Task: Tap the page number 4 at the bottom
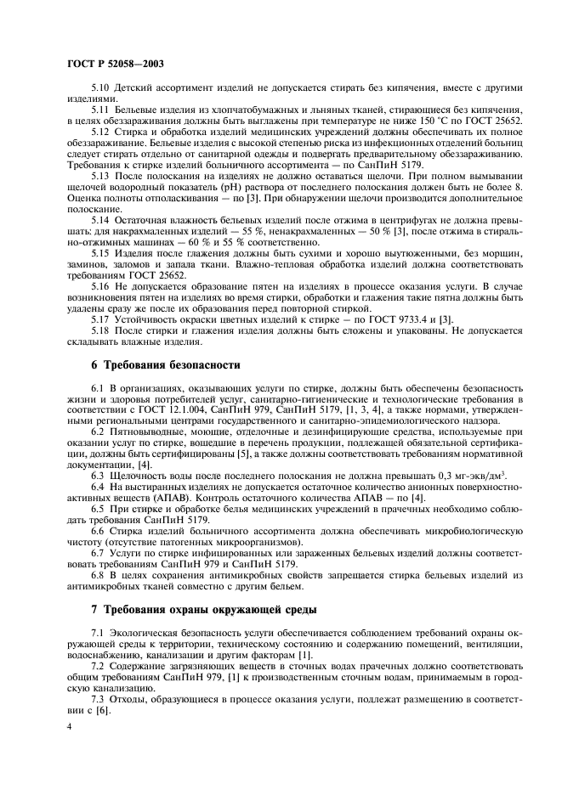tap(67, 727)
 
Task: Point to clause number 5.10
tap(100, 87)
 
